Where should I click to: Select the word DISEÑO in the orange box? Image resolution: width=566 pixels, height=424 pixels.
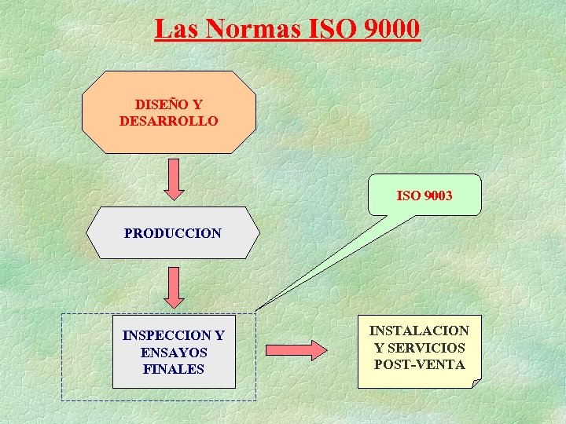tap(160, 104)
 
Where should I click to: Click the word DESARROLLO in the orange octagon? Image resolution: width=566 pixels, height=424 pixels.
tap(169, 121)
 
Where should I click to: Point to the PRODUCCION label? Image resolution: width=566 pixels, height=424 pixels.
tap(173, 233)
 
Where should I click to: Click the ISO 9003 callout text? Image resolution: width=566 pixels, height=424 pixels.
tap(424, 196)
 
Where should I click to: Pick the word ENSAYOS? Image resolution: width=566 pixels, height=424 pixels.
tap(174, 353)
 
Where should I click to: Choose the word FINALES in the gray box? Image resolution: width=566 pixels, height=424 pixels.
tap(174, 369)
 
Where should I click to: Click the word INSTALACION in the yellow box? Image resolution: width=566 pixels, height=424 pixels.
tap(419, 331)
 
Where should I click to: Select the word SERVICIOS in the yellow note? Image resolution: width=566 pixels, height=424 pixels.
tap(430, 348)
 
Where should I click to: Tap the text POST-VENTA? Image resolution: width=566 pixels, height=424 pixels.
tap(419, 364)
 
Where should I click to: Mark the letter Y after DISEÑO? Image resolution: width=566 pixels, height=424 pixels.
tap(197, 104)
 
